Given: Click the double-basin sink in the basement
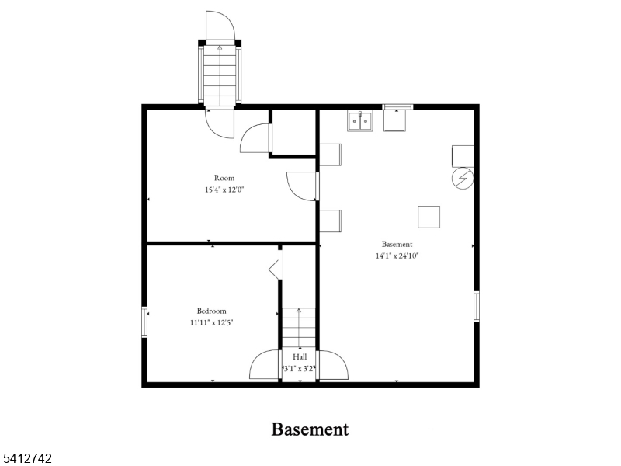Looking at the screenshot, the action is click(x=360, y=121).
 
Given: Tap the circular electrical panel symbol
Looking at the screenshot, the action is click(x=463, y=179).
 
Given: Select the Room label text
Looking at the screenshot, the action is click(x=224, y=178).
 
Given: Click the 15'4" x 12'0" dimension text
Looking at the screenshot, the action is click(x=224, y=190).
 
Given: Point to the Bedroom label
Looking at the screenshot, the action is click(x=211, y=311).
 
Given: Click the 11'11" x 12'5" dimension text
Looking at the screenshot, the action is click(x=211, y=322).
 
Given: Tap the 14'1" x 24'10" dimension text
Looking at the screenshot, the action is click(x=397, y=256).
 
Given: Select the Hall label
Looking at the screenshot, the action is click(x=300, y=357).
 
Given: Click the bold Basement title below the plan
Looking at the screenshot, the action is click(x=310, y=429).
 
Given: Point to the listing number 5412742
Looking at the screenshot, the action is click(x=26, y=458).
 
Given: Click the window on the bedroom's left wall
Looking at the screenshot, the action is click(x=144, y=322).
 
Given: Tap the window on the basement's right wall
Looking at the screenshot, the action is click(x=477, y=306).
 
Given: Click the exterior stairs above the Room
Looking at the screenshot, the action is click(x=220, y=75).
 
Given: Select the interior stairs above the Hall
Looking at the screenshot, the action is click(x=299, y=328).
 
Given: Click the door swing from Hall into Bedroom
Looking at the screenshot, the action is click(x=265, y=364).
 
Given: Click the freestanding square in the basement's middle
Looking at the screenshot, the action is click(x=429, y=217).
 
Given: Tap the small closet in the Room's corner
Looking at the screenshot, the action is click(x=293, y=132).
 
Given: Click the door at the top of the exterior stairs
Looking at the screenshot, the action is click(x=220, y=26).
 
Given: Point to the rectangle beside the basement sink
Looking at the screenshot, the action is click(x=395, y=120).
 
